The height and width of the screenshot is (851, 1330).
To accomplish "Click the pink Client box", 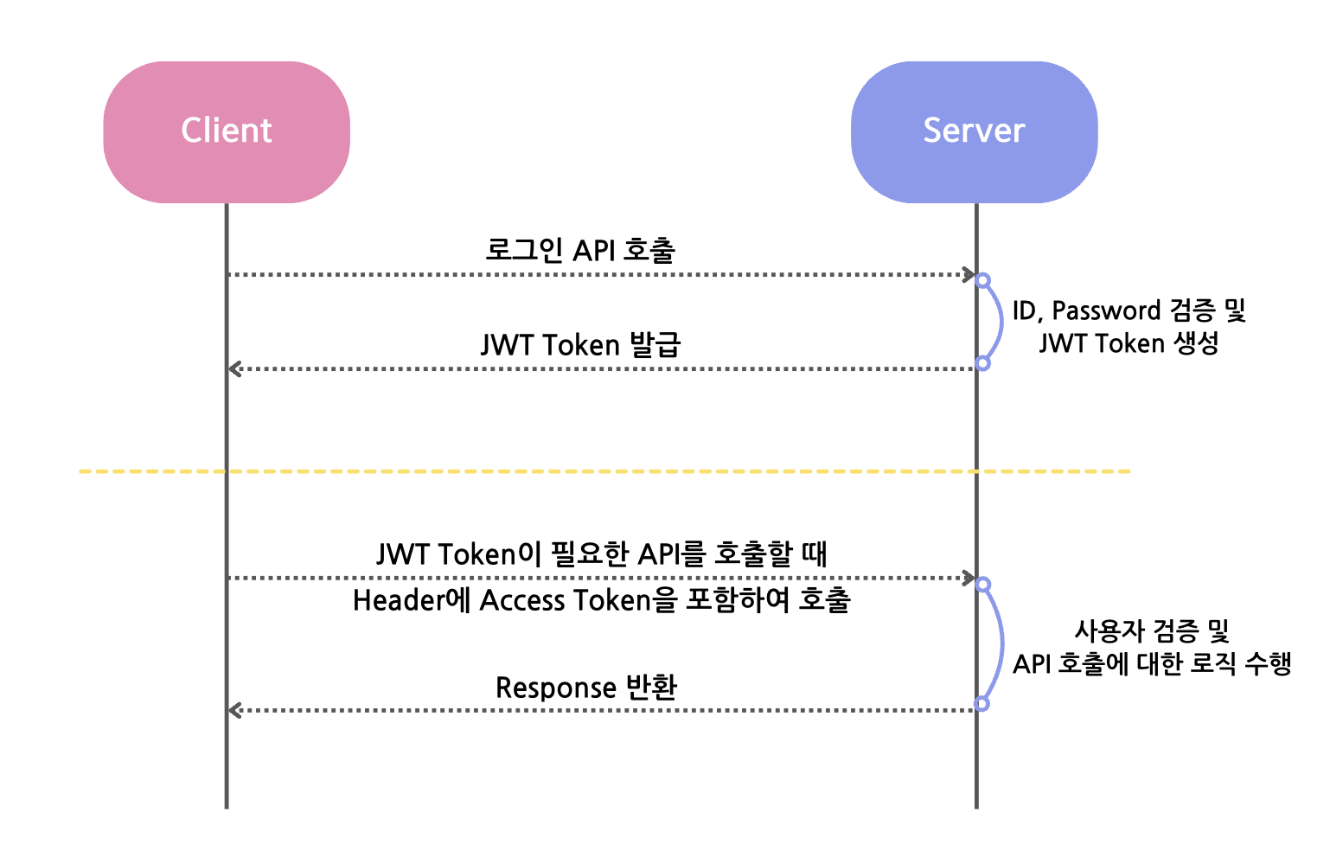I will click(227, 132).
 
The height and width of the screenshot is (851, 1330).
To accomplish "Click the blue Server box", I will click(975, 132).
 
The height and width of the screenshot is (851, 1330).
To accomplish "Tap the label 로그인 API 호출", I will click(579, 250).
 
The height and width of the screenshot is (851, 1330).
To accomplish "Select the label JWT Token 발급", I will click(580, 344).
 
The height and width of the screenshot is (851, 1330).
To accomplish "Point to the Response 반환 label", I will click(585, 688).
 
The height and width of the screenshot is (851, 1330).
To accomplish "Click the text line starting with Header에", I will click(602, 600).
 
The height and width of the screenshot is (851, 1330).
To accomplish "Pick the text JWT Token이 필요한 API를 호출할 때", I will click(602, 553).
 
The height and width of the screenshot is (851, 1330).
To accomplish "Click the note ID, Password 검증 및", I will click(1129, 310).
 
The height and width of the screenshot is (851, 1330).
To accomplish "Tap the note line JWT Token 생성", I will click(1129, 343).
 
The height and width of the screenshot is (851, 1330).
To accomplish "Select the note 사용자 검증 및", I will click(1152, 630).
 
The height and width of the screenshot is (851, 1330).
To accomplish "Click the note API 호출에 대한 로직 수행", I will click(1152, 664).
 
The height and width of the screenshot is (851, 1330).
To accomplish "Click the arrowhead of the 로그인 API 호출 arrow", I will click(969, 274).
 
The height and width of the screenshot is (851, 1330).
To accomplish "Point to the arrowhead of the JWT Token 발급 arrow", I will click(234, 369).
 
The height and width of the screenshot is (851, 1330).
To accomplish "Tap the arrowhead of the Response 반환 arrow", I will click(234, 710).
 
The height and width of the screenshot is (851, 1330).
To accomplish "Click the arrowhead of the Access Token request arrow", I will click(969, 578).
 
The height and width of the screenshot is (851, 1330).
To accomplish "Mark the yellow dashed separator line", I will click(605, 471).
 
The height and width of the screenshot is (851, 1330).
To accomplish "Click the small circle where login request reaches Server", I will click(982, 280).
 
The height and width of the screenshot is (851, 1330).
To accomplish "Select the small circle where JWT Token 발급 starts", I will click(982, 363).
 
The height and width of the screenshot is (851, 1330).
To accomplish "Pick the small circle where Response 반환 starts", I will click(982, 704).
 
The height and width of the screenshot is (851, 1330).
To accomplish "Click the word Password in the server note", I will click(1106, 310).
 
